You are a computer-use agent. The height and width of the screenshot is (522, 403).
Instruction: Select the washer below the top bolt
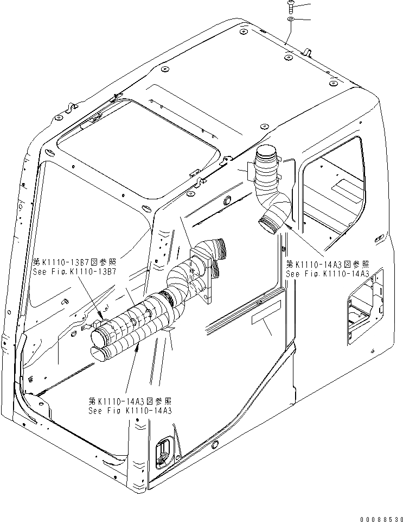(291, 20)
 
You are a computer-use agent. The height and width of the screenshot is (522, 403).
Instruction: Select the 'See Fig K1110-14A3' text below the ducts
(130, 410)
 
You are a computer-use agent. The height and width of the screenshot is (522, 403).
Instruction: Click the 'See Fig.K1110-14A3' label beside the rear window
(328, 274)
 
